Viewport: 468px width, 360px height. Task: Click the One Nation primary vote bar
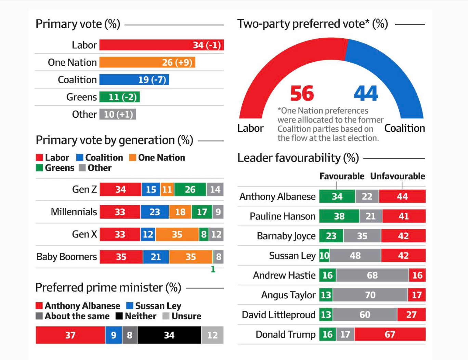pos(147,62)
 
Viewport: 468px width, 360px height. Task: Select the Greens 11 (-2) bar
pos(119,97)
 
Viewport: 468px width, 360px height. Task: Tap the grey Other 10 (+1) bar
pos(118,114)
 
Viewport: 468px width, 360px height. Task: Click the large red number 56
pos(302,93)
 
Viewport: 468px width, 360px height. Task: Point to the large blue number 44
pos(366,93)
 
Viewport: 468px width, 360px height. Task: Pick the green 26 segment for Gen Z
pos(190,190)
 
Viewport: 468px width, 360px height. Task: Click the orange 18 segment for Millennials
pos(180,212)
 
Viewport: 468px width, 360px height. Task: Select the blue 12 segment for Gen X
pos(148,234)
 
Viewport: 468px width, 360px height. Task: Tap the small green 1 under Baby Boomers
pos(213,269)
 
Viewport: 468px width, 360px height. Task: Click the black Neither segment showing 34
pos(169,335)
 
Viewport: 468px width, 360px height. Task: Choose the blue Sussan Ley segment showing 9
pos(114,335)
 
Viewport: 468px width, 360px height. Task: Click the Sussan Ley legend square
pos(130,306)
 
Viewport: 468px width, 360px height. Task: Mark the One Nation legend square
pos(132,157)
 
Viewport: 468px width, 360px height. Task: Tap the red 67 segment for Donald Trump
pos(390,334)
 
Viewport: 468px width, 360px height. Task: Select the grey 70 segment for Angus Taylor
pos(370,295)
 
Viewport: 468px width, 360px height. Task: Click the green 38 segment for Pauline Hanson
pos(339,216)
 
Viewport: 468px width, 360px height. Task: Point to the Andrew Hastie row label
pos(284,275)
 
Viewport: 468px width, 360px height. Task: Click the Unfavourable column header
pos(398,176)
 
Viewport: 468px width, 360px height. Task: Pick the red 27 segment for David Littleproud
pos(411,314)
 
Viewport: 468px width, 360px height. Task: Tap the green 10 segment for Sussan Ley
pos(324,256)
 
